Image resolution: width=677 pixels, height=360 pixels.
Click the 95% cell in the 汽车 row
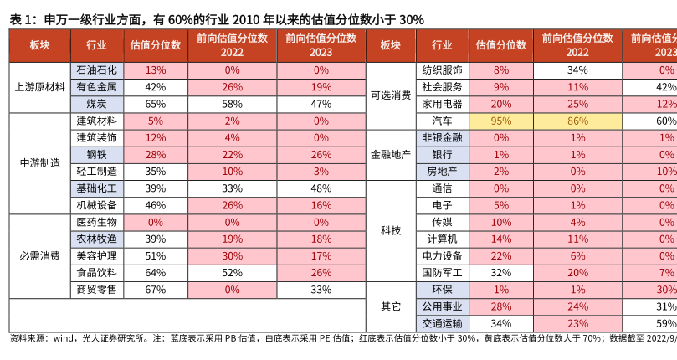pyautogui.click(x=501, y=121)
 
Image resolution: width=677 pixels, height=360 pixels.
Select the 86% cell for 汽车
pyautogui.click(x=577, y=121)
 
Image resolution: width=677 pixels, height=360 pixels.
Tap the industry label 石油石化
pyautogui.click(x=96, y=70)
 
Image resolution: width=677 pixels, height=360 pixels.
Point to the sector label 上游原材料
pyautogui.click(x=40, y=87)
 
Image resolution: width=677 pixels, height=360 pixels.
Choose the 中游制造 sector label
pyautogui.click(x=40, y=162)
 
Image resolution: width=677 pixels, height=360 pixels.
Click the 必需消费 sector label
pyautogui.click(x=40, y=255)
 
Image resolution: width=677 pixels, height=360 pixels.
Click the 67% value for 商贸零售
pyautogui.click(x=156, y=289)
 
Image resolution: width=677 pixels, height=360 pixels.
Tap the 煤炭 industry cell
pyautogui.click(x=96, y=104)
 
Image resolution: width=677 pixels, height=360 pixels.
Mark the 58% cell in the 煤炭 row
pyautogui.click(x=232, y=104)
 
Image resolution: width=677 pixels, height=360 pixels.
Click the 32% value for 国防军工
pyautogui.click(x=501, y=272)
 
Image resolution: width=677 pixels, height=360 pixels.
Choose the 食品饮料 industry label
pyautogui.click(x=96, y=272)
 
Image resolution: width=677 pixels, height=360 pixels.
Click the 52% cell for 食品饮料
pyautogui.click(x=232, y=272)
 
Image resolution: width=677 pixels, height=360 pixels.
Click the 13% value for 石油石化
pyautogui.click(x=156, y=70)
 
